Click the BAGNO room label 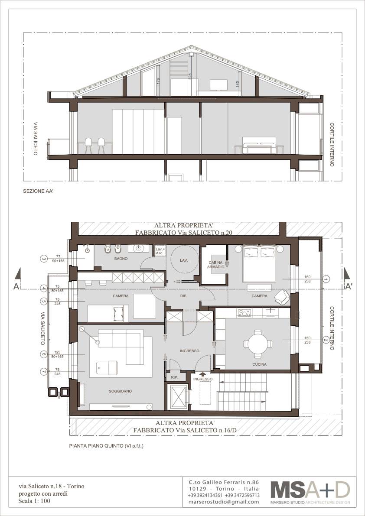coord(121,259)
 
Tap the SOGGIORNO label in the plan coord(121,391)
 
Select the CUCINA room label coord(259,364)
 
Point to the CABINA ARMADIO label coord(217,265)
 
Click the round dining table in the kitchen coord(258,344)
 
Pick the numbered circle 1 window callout coord(326,279)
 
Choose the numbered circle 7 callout coord(44,372)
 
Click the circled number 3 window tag coord(44,259)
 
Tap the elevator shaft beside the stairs coord(178,397)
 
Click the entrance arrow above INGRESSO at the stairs coord(203,374)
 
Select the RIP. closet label coord(174,378)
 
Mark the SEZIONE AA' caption coord(38,191)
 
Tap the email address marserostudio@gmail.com coord(224,502)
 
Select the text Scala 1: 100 coord(34,501)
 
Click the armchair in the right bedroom coord(282,297)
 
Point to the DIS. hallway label coord(184,296)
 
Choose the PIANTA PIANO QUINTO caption coord(107,446)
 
